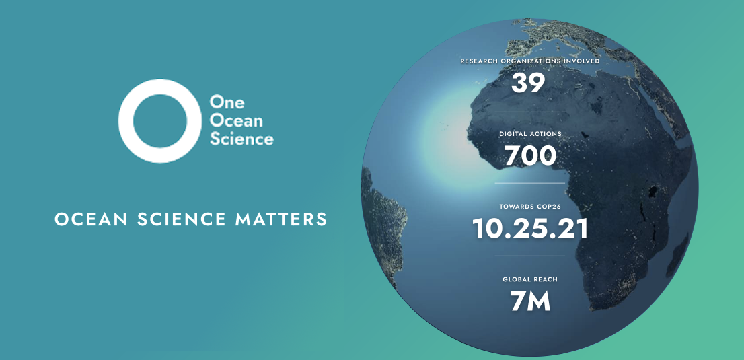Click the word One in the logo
pos(223,101)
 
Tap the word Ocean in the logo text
pos(236,120)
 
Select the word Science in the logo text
pos(242,139)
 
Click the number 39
pos(528,83)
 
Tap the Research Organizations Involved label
pos(530,61)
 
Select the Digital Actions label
pos(530,134)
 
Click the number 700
pos(530,156)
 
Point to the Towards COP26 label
pos(530,207)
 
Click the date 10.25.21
pos(530,228)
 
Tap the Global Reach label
pos(530,279)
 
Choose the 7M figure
pos(530,301)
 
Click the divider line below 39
pos(530,112)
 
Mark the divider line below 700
pos(530,183)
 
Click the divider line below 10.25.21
pos(530,256)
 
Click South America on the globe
pos(383,223)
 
